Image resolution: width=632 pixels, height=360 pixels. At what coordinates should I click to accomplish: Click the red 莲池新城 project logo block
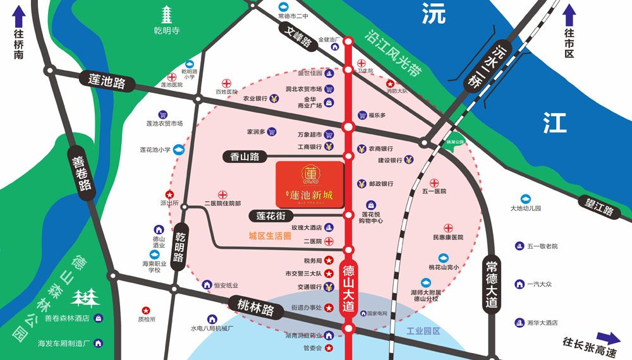pyautogui.click(x=310, y=185)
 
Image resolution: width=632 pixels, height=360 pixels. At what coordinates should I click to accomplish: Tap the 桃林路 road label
pyautogui.click(x=252, y=309)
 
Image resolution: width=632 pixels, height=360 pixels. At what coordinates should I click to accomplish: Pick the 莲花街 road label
pyautogui.click(x=271, y=216)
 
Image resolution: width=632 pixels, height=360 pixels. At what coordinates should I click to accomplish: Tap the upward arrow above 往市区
pyautogui.click(x=569, y=13)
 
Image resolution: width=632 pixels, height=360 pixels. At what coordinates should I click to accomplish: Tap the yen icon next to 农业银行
pyautogui.click(x=274, y=99)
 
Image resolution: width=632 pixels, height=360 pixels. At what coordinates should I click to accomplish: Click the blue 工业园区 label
pyautogui.click(x=423, y=331)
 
